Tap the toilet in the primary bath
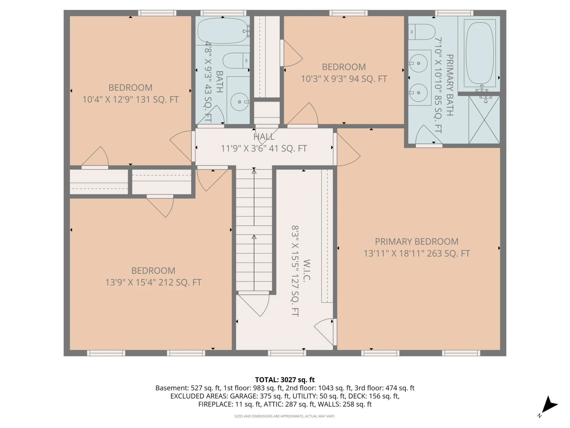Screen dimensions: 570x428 point(422,32)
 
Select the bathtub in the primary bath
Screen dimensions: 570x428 point(479,53)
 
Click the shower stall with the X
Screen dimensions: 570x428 point(484,120)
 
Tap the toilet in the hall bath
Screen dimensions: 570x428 point(236,61)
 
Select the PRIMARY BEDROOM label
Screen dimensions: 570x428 point(417,241)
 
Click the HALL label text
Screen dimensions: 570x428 point(264,137)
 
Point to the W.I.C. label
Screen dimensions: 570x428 point(307,270)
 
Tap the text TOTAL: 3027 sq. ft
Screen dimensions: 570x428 point(285,380)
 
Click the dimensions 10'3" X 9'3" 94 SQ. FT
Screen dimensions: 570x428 point(344,79)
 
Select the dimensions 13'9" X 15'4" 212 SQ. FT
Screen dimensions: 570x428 point(153,282)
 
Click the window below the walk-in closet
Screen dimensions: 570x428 point(287,353)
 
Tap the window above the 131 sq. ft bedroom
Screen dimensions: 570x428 point(157,13)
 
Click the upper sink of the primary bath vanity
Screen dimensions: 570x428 point(418,63)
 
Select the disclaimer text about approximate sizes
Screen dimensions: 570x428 point(285,416)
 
